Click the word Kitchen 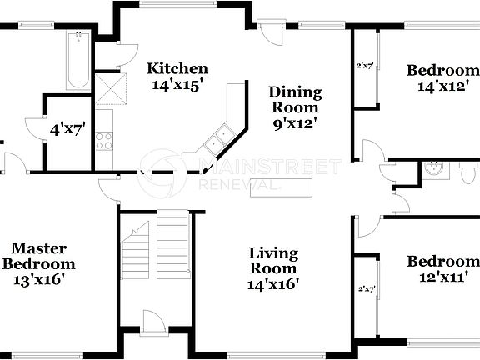click(x=177, y=68)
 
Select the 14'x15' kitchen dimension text click(x=177, y=84)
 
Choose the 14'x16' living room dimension click(x=274, y=283)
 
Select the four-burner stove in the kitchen click(x=104, y=141)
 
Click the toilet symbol click(x=464, y=170)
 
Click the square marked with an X click(x=108, y=87)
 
